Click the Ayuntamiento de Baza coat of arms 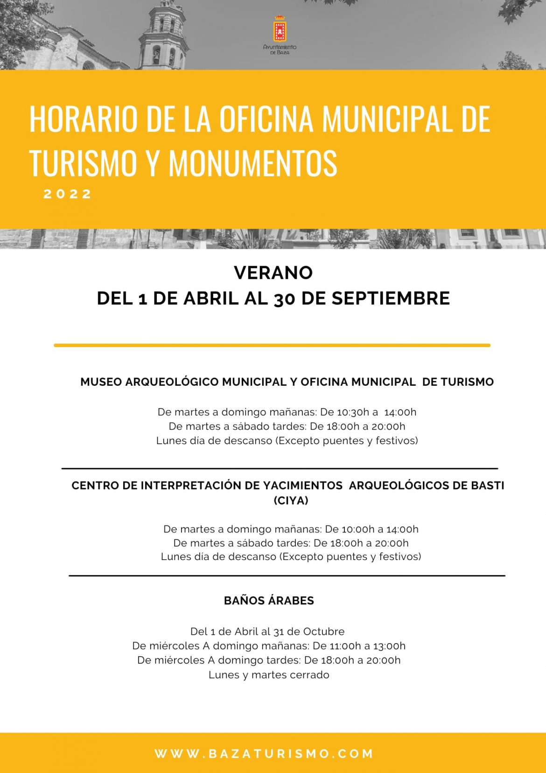point(280,29)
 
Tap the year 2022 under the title point(68,194)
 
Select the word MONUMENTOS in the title point(252,163)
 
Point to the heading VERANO point(273,273)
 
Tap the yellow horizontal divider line point(272,345)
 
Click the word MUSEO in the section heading point(101,382)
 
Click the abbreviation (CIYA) point(291,501)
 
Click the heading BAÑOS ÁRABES point(269,601)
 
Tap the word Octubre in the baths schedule point(324,631)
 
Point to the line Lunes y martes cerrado point(269,675)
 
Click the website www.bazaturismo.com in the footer point(264,753)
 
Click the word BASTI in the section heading point(487,486)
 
